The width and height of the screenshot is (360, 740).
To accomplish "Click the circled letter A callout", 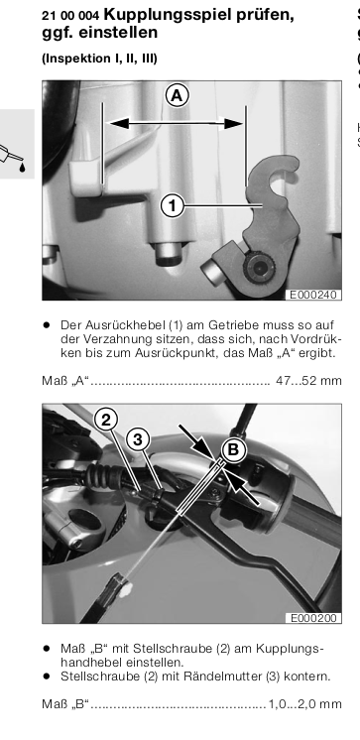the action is click(177, 96).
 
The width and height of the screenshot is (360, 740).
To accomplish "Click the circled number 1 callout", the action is click(173, 205).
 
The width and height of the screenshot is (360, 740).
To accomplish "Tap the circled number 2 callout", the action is click(106, 420).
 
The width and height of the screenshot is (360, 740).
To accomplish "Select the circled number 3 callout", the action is click(138, 439).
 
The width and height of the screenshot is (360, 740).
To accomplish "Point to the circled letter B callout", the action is click(233, 449).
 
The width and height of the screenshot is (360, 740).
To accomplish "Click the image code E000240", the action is click(312, 295).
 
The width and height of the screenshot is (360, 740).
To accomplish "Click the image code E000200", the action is click(312, 618).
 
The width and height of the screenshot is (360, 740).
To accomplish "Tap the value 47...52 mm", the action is click(308, 380).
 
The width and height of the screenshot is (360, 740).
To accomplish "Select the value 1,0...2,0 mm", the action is click(304, 704).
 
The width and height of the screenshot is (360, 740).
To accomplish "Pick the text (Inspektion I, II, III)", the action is click(99, 59).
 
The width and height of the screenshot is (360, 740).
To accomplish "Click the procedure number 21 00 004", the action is click(70, 16).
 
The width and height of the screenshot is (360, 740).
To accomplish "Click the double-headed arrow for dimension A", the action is click(177, 124).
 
